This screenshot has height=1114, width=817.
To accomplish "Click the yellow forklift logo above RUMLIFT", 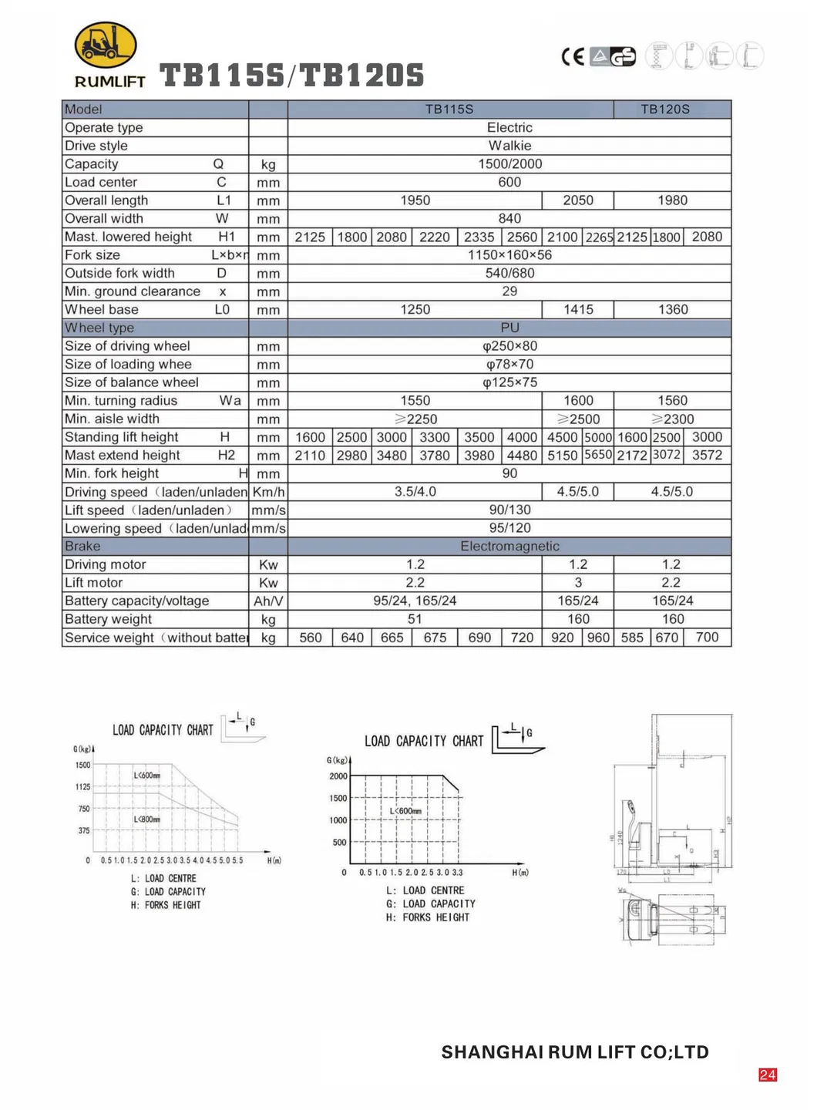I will [x=106, y=45].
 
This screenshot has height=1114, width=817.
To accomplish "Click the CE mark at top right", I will [x=573, y=56].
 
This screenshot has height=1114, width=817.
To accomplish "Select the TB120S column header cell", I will [x=665, y=109].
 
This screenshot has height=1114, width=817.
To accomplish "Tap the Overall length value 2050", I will [x=578, y=200].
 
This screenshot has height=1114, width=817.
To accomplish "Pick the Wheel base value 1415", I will [x=578, y=310].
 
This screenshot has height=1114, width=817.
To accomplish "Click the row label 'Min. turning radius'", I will [x=121, y=401].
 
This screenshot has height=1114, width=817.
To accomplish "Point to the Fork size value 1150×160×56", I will [x=509, y=255].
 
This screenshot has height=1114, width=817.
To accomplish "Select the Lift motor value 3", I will [x=578, y=583].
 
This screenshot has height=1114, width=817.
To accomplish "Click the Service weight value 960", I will [x=598, y=638].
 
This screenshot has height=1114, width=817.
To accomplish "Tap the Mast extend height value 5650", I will [x=598, y=455].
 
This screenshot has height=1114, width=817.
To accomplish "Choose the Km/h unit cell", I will [x=268, y=492].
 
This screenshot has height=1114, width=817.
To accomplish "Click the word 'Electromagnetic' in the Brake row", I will [x=509, y=547].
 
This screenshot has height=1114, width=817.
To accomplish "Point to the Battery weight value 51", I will [x=415, y=619].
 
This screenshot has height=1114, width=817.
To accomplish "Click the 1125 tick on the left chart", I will [x=82, y=787].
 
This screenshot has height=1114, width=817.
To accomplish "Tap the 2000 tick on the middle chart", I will [x=338, y=776].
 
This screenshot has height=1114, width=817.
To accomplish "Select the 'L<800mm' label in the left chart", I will [x=146, y=820].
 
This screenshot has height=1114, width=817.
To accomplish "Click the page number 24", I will [x=768, y=1075].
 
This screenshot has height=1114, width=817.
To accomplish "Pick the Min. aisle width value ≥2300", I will [x=672, y=419].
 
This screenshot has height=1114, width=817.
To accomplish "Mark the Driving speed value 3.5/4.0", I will [x=415, y=492].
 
